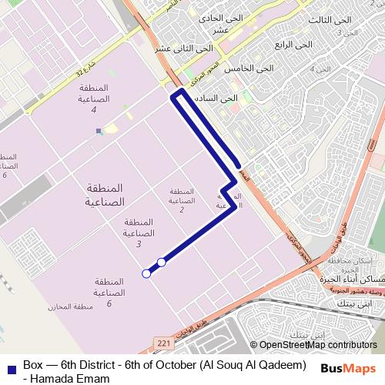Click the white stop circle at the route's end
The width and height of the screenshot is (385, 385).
[x=146, y=273]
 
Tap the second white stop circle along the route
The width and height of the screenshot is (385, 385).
[x=162, y=263]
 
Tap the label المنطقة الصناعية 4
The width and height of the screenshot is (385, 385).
[x=93, y=99]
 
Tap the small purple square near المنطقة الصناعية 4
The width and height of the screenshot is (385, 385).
[x=99, y=132]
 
